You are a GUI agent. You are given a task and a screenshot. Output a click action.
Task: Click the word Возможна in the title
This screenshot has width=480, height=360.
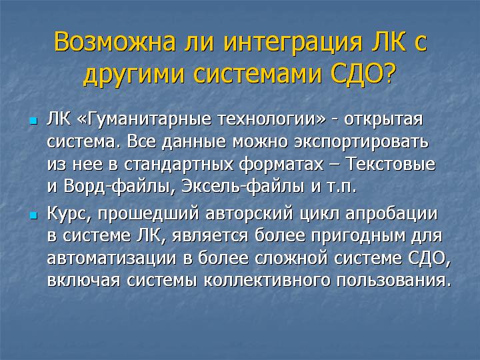(115, 41)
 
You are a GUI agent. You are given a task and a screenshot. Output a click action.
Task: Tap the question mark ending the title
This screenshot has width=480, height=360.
(388, 73)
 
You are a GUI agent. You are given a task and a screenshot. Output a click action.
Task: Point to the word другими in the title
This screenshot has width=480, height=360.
(134, 75)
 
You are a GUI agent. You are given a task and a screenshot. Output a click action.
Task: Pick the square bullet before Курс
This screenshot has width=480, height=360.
(33, 215)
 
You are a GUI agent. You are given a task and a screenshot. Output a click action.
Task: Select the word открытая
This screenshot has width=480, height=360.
(383, 120)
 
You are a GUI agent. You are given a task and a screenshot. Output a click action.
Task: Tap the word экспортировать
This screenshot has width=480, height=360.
(361, 143)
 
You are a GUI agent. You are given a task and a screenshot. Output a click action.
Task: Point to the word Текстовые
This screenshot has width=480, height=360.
(391, 164)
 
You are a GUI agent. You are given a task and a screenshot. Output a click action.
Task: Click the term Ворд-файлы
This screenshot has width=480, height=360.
(117, 187)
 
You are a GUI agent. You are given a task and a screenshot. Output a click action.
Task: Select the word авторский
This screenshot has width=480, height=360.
(249, 215)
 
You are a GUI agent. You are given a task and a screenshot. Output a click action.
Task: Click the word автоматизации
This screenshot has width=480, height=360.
(112, 259)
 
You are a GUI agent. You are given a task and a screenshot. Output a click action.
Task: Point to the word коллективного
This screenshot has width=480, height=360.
(267, 281)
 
